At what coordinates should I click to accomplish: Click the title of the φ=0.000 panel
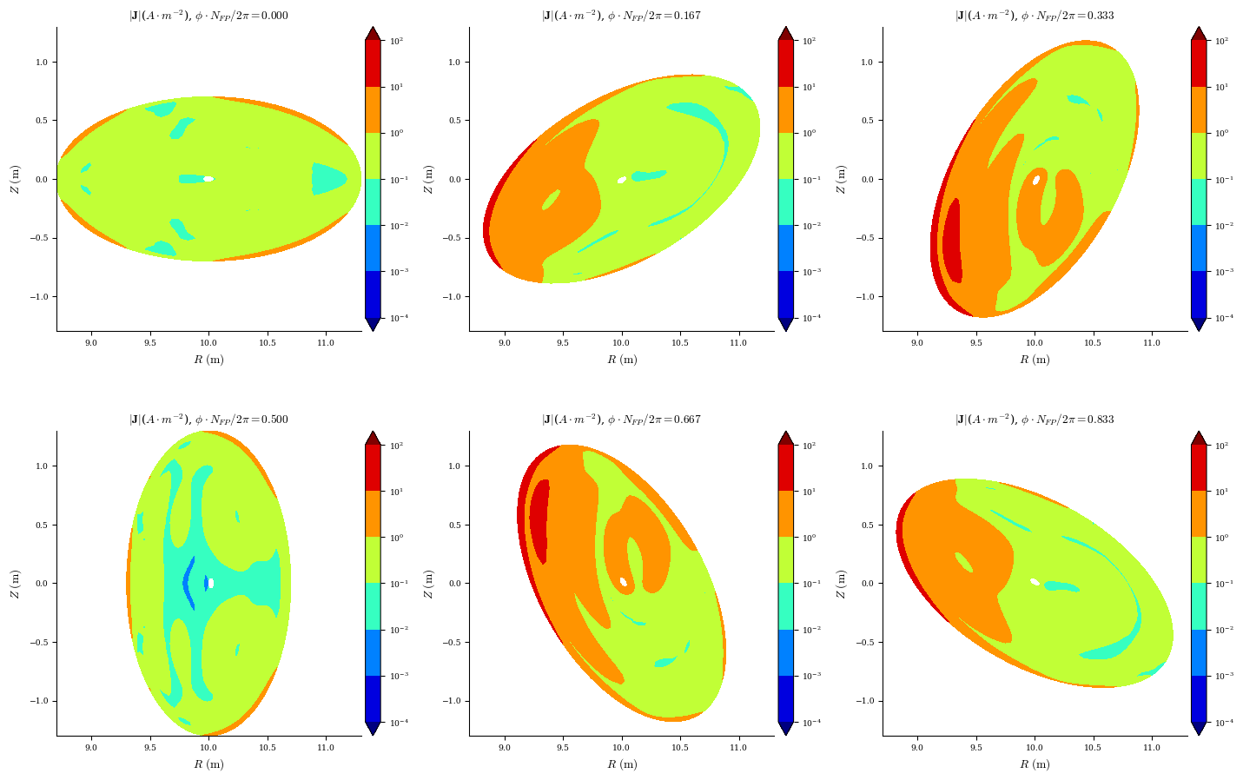208,16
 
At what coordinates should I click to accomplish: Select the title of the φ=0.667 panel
621,420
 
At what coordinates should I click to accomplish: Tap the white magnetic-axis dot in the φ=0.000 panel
208,179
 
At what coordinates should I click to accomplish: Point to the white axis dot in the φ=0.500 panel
211,583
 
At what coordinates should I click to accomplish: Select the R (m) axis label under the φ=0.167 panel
621,360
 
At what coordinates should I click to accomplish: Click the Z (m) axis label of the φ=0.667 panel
428,583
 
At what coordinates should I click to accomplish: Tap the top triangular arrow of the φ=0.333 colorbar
1199,33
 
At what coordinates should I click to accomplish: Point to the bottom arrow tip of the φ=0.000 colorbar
373,326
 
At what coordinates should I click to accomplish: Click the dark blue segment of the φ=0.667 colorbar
785,698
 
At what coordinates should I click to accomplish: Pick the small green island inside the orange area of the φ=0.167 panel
551,201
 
